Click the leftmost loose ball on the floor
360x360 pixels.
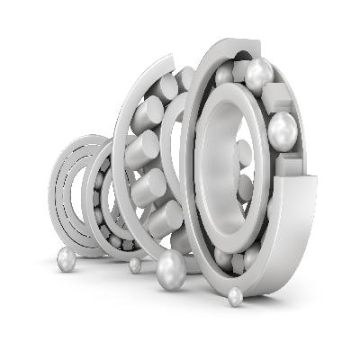click(x=66, y=259)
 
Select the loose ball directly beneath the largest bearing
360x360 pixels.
click(x=236, y=296)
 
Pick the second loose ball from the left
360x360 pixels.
click(x=135, y=265)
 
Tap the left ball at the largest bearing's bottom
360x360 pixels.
click(x=222, y=258)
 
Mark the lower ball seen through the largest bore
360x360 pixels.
click(x=242, y=188)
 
